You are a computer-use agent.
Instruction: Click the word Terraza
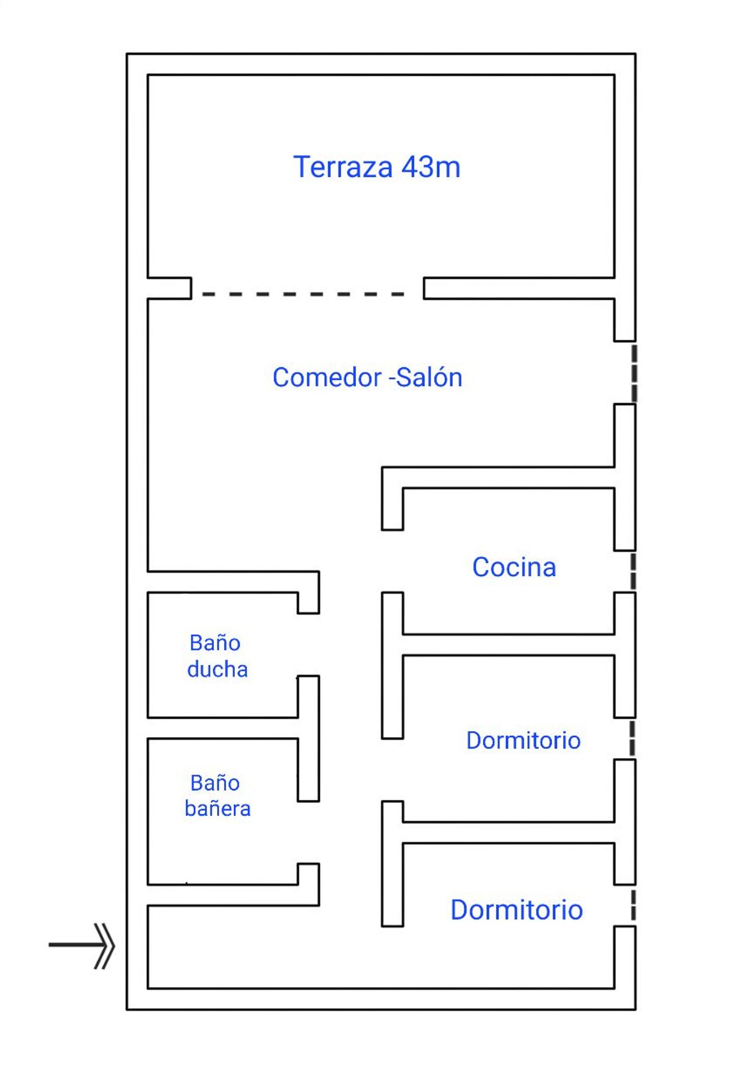point(342,167)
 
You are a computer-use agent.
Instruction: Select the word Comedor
point(327,377)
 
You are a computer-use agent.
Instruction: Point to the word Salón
point(429,377)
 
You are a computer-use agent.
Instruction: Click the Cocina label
point(514,567)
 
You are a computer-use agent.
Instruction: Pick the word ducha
point(217,669)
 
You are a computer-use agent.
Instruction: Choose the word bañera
point(217,809)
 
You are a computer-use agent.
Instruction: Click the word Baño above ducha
point(215,642)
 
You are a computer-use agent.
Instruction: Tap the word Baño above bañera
point(215,782)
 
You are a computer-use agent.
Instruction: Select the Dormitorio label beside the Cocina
point(524,740)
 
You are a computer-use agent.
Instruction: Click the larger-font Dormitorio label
point(517,910)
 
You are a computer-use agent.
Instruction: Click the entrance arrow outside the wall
point(82,946)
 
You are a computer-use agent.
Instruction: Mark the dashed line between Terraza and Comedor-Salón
point(303,294)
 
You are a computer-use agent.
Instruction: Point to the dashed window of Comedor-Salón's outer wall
point(635,373)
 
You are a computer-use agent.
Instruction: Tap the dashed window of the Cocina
point(634,571)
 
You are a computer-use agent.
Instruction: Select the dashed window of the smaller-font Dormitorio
point(633,738)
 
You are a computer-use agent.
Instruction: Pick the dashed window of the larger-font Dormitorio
point(634,905)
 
